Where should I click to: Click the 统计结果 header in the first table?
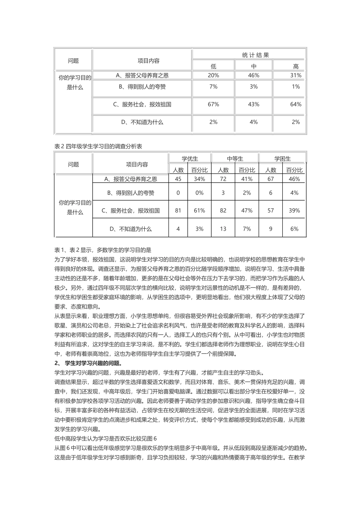click(255, 55)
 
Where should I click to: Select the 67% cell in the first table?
click(213, 105)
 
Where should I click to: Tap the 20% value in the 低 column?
click(213, 75)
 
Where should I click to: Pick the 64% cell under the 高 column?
click(296, 105)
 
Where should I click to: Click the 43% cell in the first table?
click(254, 105)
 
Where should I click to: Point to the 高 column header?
click(296, 66)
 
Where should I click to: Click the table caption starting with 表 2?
click(98, 146)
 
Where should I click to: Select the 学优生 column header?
click(189, 159)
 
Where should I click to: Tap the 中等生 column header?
click(235, 159)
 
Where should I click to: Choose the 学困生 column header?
click(282, 159)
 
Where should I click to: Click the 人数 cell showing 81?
click(178, 211)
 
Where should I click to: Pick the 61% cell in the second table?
click(199, 211)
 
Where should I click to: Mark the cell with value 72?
click(223, 179)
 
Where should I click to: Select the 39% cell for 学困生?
click(294, 211)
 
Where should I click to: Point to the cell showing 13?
click(223, 229)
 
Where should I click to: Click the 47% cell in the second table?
click(247, 211)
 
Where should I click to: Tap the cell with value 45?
click(178, 179)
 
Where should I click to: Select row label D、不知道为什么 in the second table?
click(130, 229)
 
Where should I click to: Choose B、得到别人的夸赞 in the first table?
click(142, 87)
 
